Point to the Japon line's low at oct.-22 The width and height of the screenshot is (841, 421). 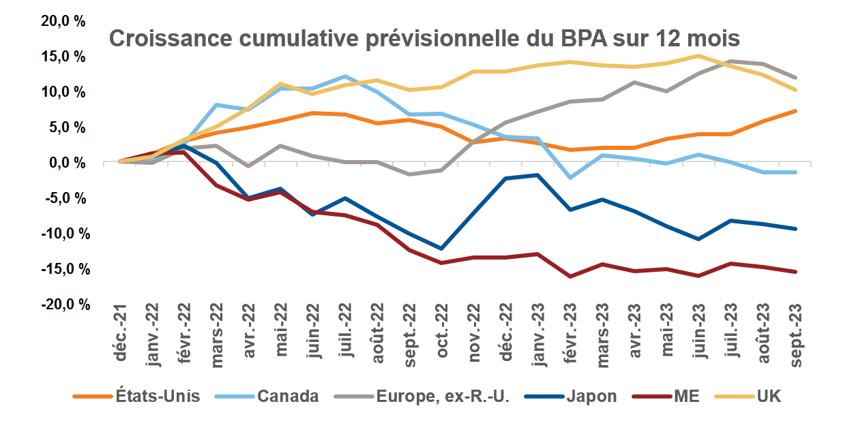(x=442, y=249)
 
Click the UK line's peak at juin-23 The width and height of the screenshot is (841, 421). (x=699, y=56)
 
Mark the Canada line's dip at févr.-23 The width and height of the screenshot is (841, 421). (x=570, y=177)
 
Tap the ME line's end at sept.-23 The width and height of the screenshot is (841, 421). (x=795, y=272)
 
